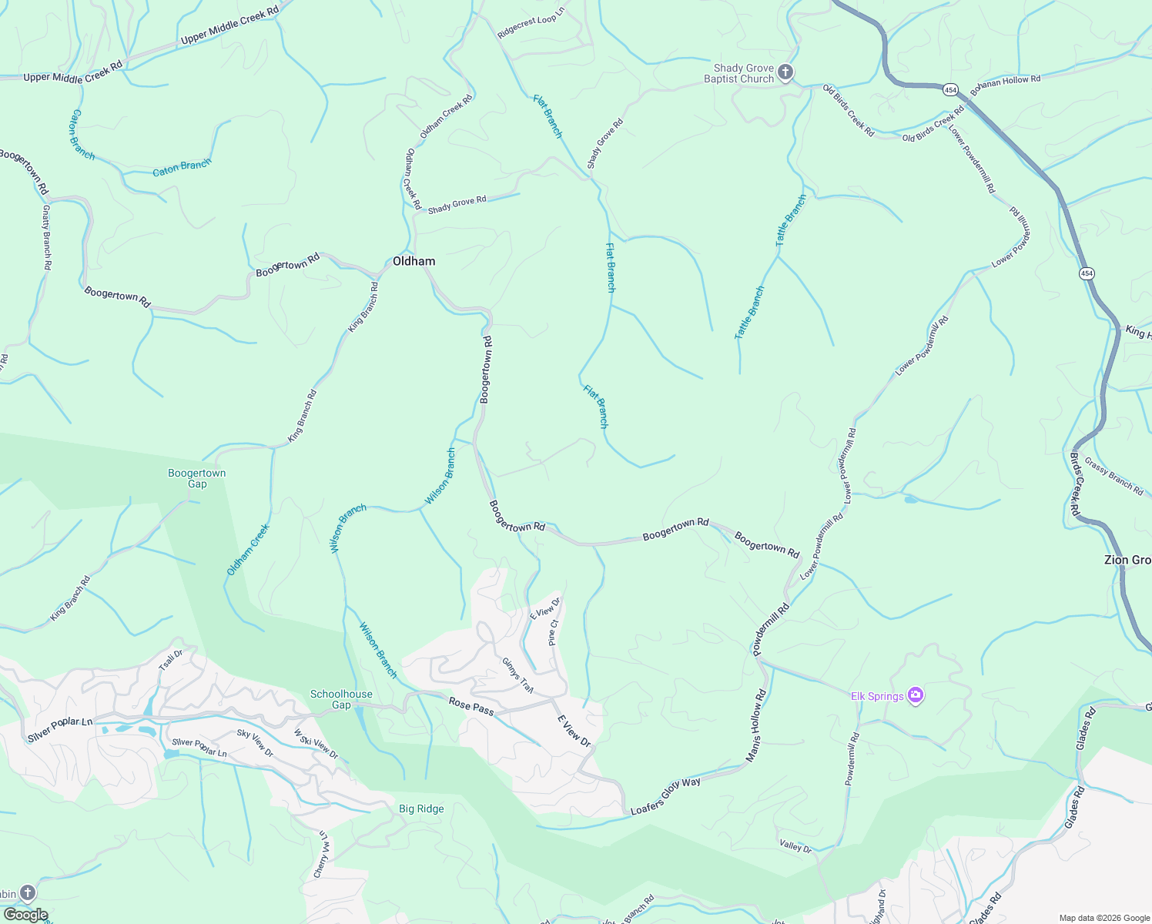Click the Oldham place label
(x=414, y=262)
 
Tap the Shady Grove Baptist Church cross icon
(x=785, y=73)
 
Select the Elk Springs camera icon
(x=916, y=696)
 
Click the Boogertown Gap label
(x=197, y=478)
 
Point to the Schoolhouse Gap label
(x=341, y=699)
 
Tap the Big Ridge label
(x=421, y=808)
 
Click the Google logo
(x=25, y=915)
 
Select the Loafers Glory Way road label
(x=665, y=796)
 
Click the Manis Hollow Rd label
(x=756, y=725)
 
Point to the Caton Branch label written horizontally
(x=182, y=167)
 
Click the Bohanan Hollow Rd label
(x=1005, y=85)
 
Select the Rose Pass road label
(x=471, y=706)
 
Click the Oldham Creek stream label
(x=248, y=550)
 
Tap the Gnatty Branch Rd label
(x=46, y=236)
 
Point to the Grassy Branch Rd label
(x=1113, y=476)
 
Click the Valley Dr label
(x=795, y=847)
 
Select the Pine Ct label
(x=552, y=632)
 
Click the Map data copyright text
(x=1103, y=918)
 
